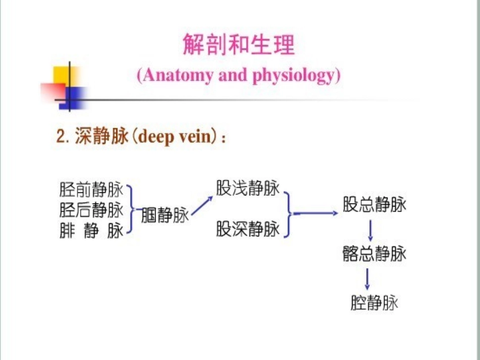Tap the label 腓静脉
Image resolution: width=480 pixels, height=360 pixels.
click(x=91, y=231)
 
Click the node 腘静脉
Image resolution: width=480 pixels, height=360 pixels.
click(x=164, y=216)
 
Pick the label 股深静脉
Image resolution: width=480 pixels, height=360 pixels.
click(x=248, y=229)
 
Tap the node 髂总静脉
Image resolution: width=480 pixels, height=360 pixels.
click(x=374, y=253)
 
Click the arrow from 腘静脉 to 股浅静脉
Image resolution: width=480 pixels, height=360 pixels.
click(x=202, y=206)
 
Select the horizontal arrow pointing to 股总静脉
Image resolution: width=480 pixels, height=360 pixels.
click(x=316, y=213)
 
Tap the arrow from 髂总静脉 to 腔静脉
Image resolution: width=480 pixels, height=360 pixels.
click(x=367, y=278)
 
